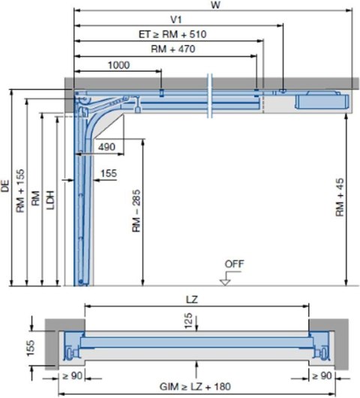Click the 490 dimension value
click(106, 147)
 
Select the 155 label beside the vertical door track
click(109, 174)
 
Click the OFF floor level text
click(233, 264)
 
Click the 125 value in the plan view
click(189, 319)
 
